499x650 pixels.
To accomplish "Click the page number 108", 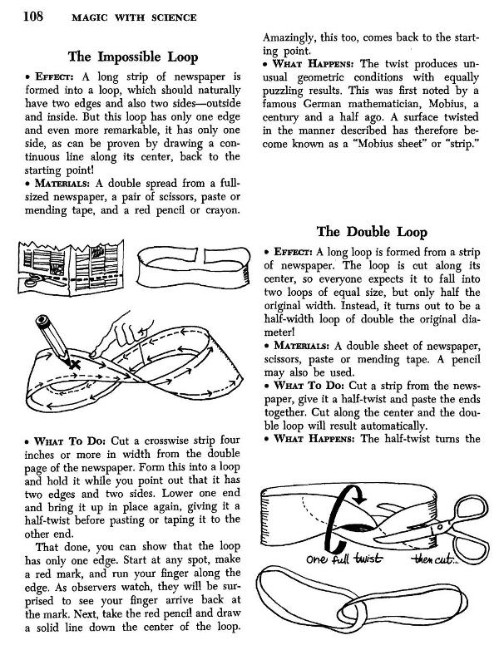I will tap(20, 16).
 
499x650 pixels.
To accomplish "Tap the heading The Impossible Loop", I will tap(133, 57).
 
